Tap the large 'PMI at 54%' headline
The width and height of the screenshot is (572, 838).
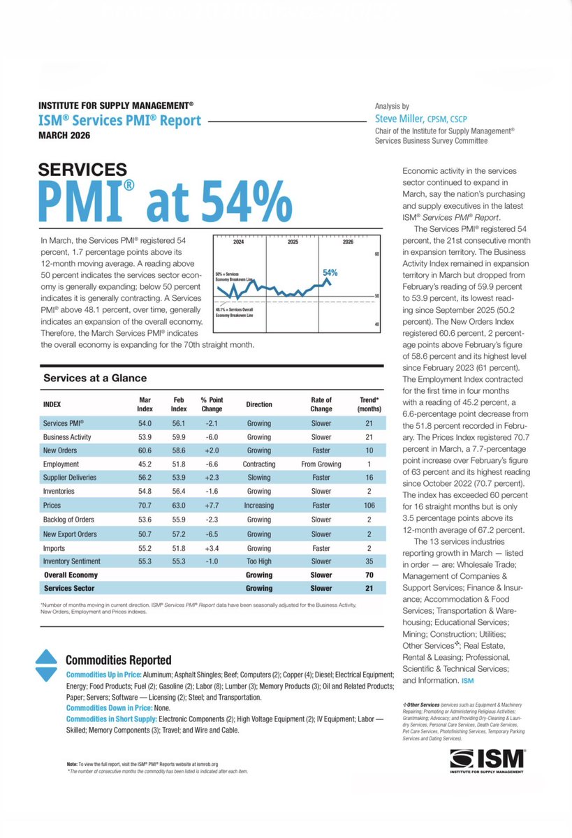[166, 202]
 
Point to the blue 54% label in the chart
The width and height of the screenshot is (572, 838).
[330, 272]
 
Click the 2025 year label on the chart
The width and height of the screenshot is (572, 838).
[293, 243]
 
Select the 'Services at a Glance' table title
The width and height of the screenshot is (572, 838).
[95, 378]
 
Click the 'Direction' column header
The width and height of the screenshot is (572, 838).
[258, 404]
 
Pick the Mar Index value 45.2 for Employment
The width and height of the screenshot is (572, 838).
[145, 464]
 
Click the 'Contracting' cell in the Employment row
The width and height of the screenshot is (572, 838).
[258, 464]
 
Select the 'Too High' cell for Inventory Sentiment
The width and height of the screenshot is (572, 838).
[258, 561]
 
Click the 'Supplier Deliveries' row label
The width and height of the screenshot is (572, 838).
[69, 478]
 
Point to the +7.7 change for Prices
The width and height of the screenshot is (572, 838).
[211, 505]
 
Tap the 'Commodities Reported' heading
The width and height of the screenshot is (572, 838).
[118, 660]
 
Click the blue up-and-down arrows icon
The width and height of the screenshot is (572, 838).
[45, 666]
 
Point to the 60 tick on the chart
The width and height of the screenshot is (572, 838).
[376, 254]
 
